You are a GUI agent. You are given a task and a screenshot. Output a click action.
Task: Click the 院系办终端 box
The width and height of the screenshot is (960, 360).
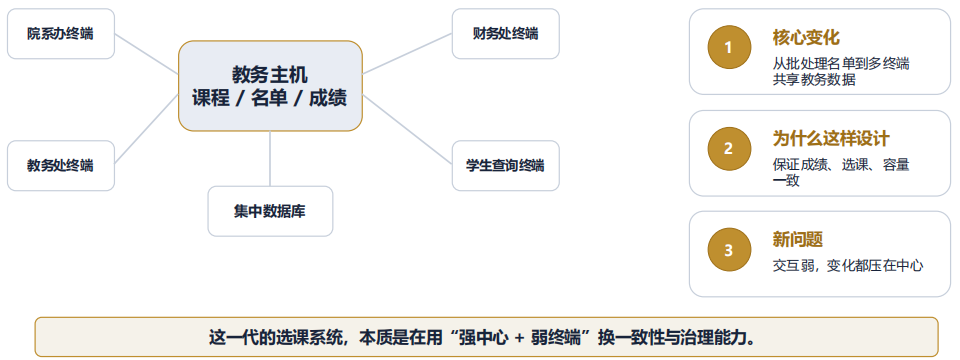coord(61,34)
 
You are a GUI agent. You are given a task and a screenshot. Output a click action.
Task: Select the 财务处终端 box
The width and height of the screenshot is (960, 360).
coord(506,34)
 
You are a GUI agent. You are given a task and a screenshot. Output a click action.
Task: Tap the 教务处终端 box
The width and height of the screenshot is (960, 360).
coord(61,165)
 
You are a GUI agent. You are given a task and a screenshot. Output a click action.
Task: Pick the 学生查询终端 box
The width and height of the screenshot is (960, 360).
coord(506,165)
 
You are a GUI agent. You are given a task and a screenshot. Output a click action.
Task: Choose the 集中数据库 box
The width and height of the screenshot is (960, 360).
coord(270,211)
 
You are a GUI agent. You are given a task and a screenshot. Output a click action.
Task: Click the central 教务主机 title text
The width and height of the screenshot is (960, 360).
coord(270,75)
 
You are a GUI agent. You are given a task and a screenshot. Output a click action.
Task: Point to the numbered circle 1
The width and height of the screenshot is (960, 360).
coord(729,47)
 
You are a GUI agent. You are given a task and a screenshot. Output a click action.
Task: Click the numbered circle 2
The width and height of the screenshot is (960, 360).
coord(729,148)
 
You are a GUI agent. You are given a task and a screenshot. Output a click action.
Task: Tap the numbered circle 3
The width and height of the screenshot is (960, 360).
coord(729,250)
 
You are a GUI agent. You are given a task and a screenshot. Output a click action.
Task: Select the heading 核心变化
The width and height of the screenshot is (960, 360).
coord(806,38)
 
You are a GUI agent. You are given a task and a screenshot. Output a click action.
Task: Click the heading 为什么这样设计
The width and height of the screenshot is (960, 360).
coord(831,139)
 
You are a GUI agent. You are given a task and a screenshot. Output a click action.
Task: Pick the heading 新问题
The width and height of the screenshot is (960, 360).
coord(798,240)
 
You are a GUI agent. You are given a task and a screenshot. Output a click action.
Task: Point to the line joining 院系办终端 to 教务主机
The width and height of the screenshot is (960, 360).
coord(146,54)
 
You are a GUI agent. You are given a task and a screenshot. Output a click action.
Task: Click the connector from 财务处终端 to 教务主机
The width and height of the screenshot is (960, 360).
coord(407,54)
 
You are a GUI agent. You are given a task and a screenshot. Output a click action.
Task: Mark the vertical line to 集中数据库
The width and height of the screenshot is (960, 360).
coord(270,159)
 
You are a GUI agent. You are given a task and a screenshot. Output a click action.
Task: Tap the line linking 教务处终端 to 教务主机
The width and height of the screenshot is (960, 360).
coord(146,130)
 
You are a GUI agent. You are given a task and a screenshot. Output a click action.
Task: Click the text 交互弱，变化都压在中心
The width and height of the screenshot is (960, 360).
coord(848,266)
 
